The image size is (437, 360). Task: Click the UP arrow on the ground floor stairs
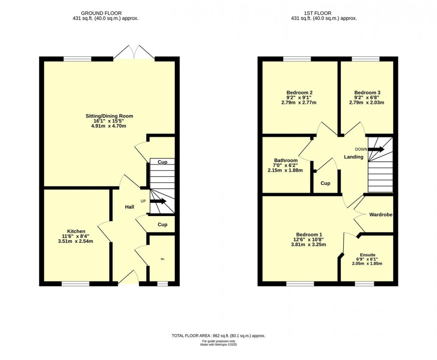pyautogui.click(x=158, y=201)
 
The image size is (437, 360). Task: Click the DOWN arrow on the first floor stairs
pyautogui.click(x=376, y=149)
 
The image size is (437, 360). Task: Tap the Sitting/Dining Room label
pyautogui.click(x=110, y=116)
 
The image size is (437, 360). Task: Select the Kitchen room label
pyautogui.click(x=76, y=231)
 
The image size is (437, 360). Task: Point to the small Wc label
pyautogui.click(x=163, y=259)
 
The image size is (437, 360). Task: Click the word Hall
pyautogui.click(x=129, y=207)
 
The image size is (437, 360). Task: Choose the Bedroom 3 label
pyautogui.click(x=367, y=93)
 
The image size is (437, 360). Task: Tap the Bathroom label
pyautogui.click(x=286, y=160)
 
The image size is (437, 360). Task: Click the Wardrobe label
pyautogui.click(x=381, y=214)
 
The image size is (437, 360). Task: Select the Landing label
pyautogui.click(x=353, y=157)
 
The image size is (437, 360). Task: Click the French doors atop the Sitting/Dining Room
pyautogui.click(x=135, y=52)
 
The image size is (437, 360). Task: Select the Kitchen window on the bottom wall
pyautogui.click(x=75, y=283)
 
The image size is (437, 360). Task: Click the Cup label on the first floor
pyautogui.click(x=326, y=183)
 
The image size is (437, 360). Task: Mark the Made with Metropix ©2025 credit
pyautogui.click(x=218, y=345)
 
